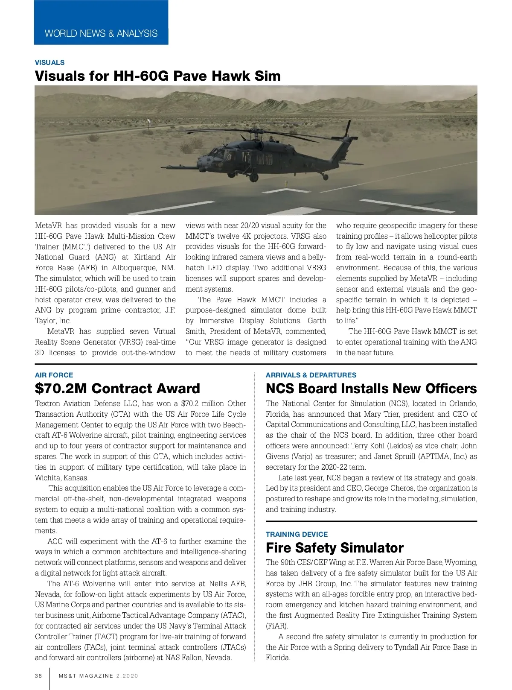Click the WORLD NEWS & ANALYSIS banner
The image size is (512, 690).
(101, 33)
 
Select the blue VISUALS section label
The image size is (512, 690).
(49, 62)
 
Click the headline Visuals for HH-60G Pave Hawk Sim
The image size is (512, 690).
(157, 76)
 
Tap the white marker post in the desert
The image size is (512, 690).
(148, 124)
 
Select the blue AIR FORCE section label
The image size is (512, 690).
(54, 375)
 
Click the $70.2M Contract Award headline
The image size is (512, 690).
(117, 389)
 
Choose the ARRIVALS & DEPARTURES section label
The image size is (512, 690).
(311, 375)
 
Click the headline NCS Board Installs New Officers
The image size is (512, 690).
(371, 389)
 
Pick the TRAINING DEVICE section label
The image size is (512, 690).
(297, 534)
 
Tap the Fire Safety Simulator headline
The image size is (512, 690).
(334, 548)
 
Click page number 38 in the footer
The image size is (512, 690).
(38, 676)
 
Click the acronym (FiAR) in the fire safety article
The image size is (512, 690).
(277, 626)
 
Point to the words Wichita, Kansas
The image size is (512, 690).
(61, 478)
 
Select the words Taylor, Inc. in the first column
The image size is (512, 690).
(53, 321)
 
